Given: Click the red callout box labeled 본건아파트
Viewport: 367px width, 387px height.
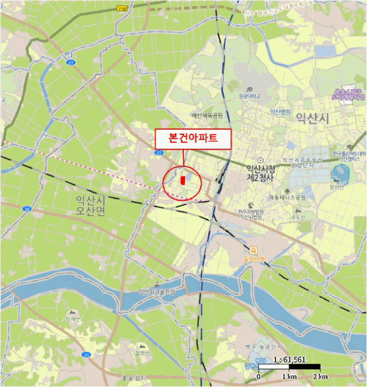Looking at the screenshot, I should coord(193,139).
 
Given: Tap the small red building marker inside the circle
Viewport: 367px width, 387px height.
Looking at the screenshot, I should coord(182,180).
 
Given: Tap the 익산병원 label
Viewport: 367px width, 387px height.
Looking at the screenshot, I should coord(280,111).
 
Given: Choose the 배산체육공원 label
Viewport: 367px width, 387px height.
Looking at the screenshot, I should coord(206,116).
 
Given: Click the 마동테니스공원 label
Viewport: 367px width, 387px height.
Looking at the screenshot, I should coord(287,197).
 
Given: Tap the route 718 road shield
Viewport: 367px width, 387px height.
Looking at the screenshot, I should coord(121,9).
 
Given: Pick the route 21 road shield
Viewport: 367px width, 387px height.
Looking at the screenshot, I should coord(86,354).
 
